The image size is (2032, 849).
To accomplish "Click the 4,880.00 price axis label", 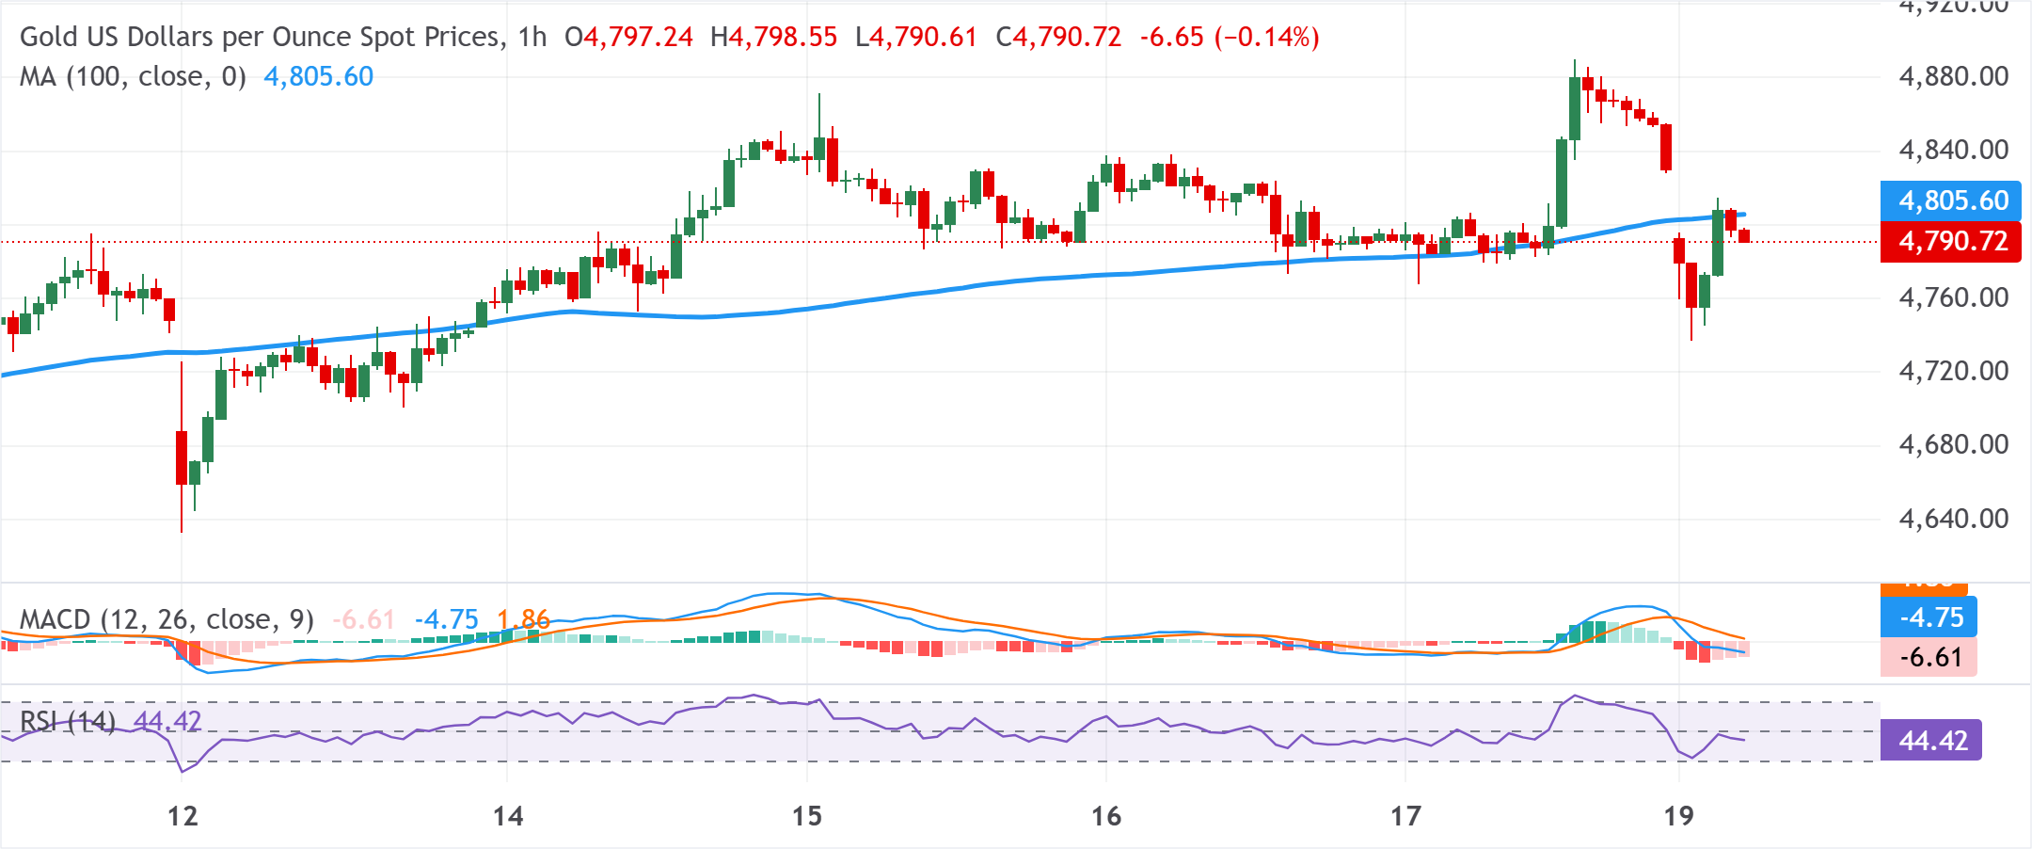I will [1953, 76].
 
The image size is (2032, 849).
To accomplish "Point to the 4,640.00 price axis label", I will [1953, 519].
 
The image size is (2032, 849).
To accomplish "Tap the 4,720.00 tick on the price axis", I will [1953, 371].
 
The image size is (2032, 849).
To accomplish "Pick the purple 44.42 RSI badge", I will [1931, 741].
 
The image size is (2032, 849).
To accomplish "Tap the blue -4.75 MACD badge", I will [1929, 617].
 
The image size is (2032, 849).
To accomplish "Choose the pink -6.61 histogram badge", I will [1929, 657].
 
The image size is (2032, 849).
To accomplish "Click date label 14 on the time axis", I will [508, 816].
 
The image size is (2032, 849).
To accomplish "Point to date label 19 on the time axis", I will [1678, 816].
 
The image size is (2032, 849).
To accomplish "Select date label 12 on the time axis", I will [183, 816].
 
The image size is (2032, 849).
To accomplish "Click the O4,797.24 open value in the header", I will [628, 38].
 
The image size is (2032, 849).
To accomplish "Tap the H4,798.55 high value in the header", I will [773, 38].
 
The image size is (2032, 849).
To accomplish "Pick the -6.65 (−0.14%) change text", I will [1229, 38].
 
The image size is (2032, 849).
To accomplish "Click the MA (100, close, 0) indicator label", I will [133, 76].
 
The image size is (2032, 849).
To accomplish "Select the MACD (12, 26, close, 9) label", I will [167, 619].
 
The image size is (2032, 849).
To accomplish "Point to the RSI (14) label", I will [68, 722].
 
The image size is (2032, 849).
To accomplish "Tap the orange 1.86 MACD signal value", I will [523, 619].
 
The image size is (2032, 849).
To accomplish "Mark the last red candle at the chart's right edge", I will [1745, 235].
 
